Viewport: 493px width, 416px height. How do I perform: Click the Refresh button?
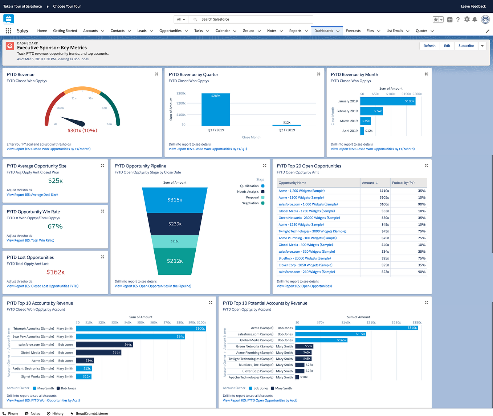coord(429,46)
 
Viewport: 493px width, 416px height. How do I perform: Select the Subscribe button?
coord(466,46)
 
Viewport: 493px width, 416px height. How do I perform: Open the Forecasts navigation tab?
coord(353,31)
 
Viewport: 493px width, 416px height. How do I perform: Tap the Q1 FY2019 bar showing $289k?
coord(216,110)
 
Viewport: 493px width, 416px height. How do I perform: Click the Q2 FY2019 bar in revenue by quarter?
coord(286,125)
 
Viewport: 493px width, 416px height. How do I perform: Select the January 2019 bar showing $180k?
coord(387,101)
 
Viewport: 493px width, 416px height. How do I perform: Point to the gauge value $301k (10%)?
coord(82,130)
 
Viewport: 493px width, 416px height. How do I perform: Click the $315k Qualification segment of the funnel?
coord(175,200)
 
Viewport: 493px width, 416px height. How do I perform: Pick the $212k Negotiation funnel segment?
coord(175,261)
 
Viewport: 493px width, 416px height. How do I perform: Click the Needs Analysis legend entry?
coord(250,192)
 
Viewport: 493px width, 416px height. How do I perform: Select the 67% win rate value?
coord(55,227)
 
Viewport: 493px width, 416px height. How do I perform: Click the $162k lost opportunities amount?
coord(55,272)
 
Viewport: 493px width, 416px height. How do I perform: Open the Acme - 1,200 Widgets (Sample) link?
coord(301,191)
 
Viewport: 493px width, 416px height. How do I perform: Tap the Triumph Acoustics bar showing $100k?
coord(141,329)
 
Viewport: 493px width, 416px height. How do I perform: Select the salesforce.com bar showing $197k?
coord(330,334)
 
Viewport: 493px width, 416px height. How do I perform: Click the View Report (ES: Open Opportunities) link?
coord(304,286)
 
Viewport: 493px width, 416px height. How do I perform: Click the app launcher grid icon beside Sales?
coord(8,31)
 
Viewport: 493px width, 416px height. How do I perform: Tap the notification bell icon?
coord(474,20)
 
